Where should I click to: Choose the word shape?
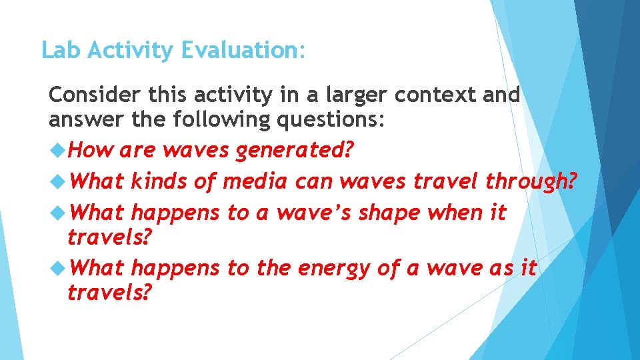pos(393,213)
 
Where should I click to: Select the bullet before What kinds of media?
pos(57,181)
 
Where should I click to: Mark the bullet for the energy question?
pos(57,268)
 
